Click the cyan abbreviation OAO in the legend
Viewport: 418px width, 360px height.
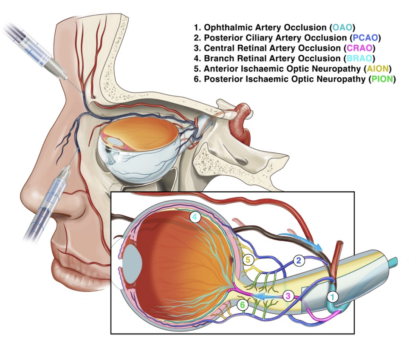coord(342,28)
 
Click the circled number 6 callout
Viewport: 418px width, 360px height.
coord(242,304)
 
